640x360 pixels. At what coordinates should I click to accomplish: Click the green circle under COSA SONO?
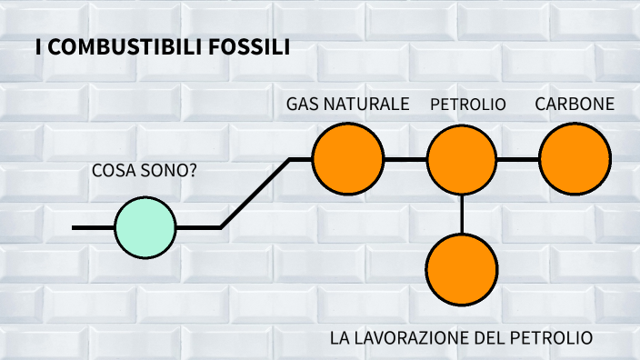tap(145, 227)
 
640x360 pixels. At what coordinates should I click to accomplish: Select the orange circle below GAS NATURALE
tap(347, 159)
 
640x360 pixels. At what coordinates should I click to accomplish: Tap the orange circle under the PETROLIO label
tap(462, 159)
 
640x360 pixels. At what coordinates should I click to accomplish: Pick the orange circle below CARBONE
tap(575, 159)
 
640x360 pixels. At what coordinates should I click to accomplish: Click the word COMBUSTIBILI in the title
tap(118, 47)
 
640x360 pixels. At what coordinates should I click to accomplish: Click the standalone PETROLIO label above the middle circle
tap(467, 105)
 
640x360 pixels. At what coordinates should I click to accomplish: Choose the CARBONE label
tap(575, 105)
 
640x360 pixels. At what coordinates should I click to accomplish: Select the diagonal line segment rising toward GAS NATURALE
tap(255, 193)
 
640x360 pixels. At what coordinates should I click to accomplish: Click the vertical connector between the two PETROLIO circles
tap(462, 214)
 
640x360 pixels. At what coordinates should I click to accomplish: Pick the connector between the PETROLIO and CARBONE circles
tap(518, 159)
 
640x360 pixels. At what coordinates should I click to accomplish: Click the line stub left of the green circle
tap(93, 227)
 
